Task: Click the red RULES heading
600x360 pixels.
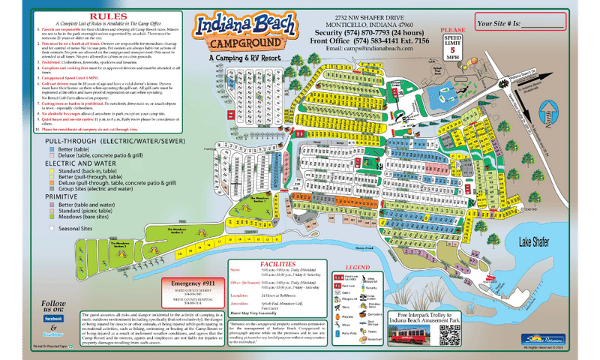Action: (x=104, y=15)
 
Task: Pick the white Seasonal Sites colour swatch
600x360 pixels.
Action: (x=28, y=228)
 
